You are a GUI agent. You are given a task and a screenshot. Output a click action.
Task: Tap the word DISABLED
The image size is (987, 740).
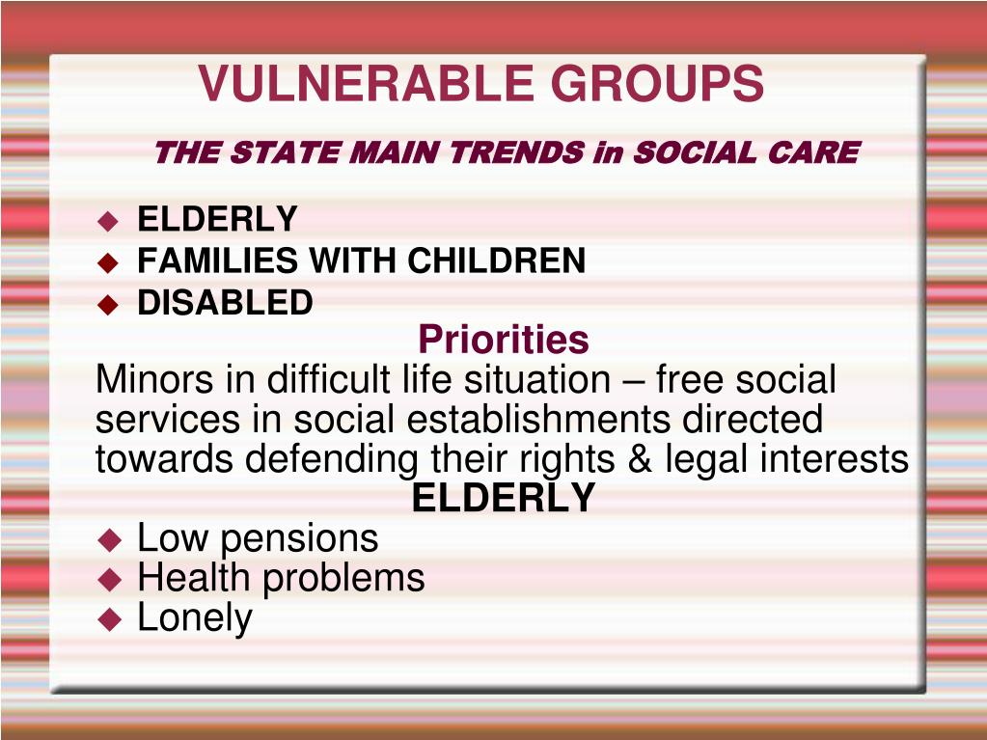click(x=225, y=303)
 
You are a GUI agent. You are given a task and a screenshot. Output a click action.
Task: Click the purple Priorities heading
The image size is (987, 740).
click(x=503, y=340)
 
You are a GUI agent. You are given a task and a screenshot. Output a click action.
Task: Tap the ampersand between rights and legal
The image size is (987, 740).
click(x=640, y=459)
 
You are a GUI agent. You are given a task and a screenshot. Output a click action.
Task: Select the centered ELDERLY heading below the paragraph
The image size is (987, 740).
click(x=503, y=499)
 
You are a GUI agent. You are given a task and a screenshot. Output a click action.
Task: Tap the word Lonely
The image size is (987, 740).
click(x=194, y=618)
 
